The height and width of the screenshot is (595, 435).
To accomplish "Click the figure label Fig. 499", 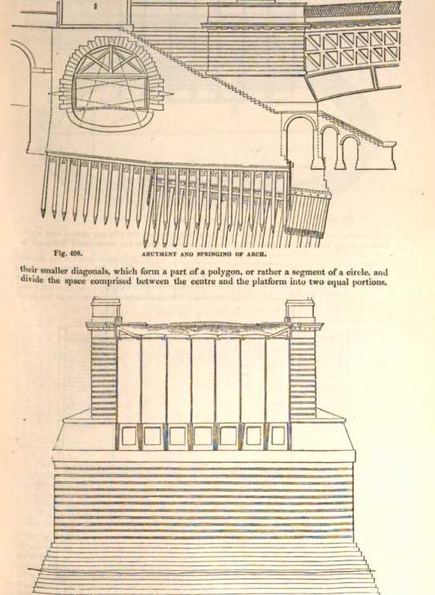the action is [x=68, y=253].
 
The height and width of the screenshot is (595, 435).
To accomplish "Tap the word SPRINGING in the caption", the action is [x=215, y=254].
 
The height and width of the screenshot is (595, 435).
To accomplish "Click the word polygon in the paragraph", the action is [x=224, y=272].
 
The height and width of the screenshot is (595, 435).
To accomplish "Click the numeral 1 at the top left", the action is [x=95, y=6].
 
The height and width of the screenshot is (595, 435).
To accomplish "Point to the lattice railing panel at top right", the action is [x=353, y=49].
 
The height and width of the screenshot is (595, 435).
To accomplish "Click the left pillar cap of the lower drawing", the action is [x=106, y=307].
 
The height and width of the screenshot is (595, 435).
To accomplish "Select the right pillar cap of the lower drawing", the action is [x=300, y=307].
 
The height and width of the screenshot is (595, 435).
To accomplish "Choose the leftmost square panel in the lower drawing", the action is [x=129, y=436].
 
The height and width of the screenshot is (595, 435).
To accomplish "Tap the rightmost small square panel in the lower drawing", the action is [x=277, y=436].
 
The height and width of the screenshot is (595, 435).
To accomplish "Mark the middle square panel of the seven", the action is [x=203, y=436].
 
